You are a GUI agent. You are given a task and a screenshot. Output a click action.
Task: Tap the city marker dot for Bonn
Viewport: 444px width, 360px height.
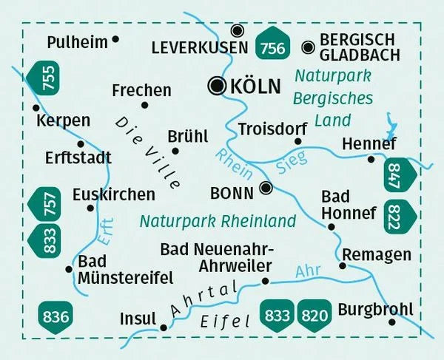pyautogui.click(x=266, y=189)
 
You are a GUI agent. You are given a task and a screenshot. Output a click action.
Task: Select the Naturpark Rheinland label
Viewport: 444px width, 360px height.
pyautogui.click(x=218, y=220)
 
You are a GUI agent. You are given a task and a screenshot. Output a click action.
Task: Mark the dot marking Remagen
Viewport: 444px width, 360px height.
pyautogui.click(x=343, y=265)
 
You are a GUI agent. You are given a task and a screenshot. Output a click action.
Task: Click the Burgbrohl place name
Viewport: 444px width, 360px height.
pyautogui.click(x=374, y=308)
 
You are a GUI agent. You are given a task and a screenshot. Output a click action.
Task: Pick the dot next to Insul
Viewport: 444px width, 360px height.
pyautogui.click(x=164, y=327)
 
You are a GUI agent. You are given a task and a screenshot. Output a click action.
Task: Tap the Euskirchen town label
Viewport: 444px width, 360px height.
pyautogui.click(x=114, y=194)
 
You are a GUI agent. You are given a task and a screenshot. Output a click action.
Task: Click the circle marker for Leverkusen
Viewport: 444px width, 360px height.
pyautogui.click(x=237, y=30)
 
